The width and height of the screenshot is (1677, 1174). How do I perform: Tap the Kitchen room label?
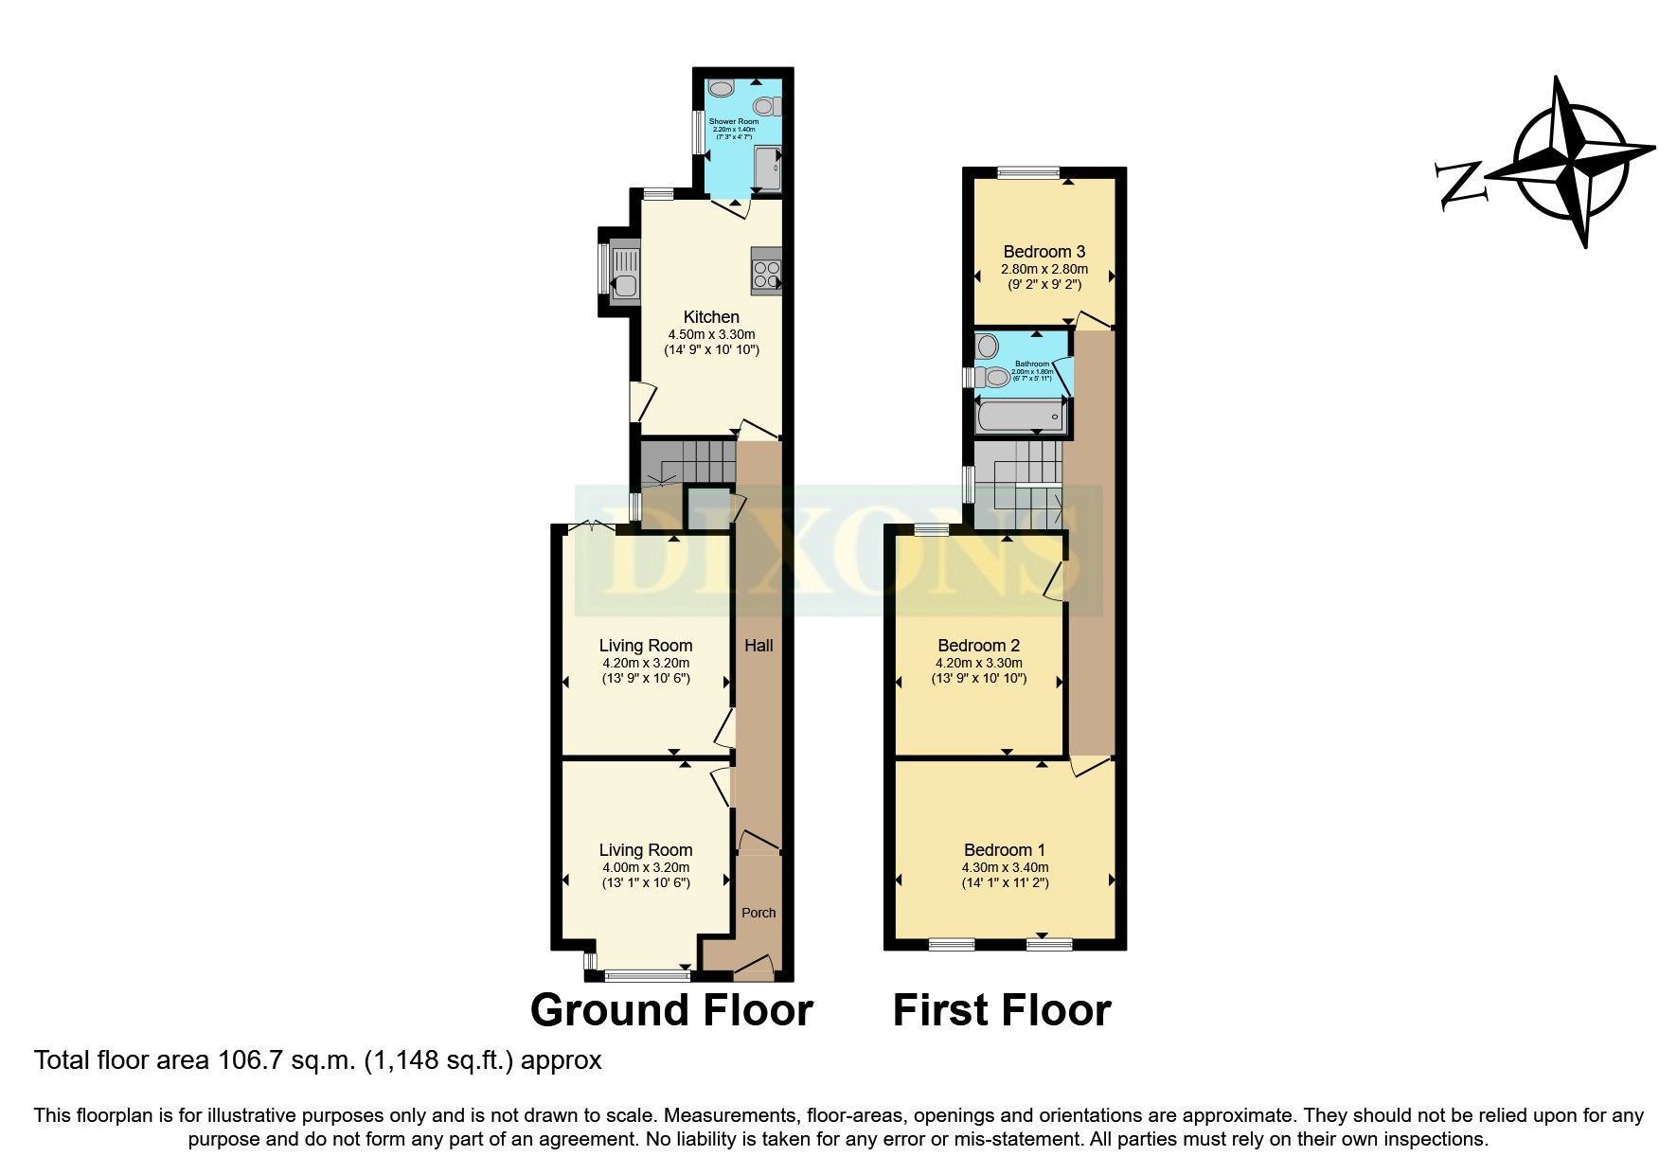pos(711,317)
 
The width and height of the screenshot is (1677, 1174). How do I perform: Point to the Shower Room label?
pos(736,122)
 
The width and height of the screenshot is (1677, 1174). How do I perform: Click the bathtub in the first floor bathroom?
pos(1018,417)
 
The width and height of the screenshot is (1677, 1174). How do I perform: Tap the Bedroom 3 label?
pos(1044,252)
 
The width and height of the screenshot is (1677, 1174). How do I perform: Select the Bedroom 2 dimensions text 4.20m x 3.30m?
pos(978,664)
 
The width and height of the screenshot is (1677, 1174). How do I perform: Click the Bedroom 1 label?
pos(1005,850)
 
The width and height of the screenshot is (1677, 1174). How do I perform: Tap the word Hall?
pos(758,646)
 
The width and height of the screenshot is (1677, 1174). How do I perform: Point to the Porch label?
pos(758,913)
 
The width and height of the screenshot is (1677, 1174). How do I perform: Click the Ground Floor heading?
pos(671,1011)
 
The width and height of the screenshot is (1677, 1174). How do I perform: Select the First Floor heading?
pos(1002,1011)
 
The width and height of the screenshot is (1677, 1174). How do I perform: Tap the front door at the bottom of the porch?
pos(754,968)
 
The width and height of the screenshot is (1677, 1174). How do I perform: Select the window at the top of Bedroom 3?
pos(1028,173)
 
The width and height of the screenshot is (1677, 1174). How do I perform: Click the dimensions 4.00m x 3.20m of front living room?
pos(646,867)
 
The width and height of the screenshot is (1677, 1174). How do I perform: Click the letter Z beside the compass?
pos(1458,183)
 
